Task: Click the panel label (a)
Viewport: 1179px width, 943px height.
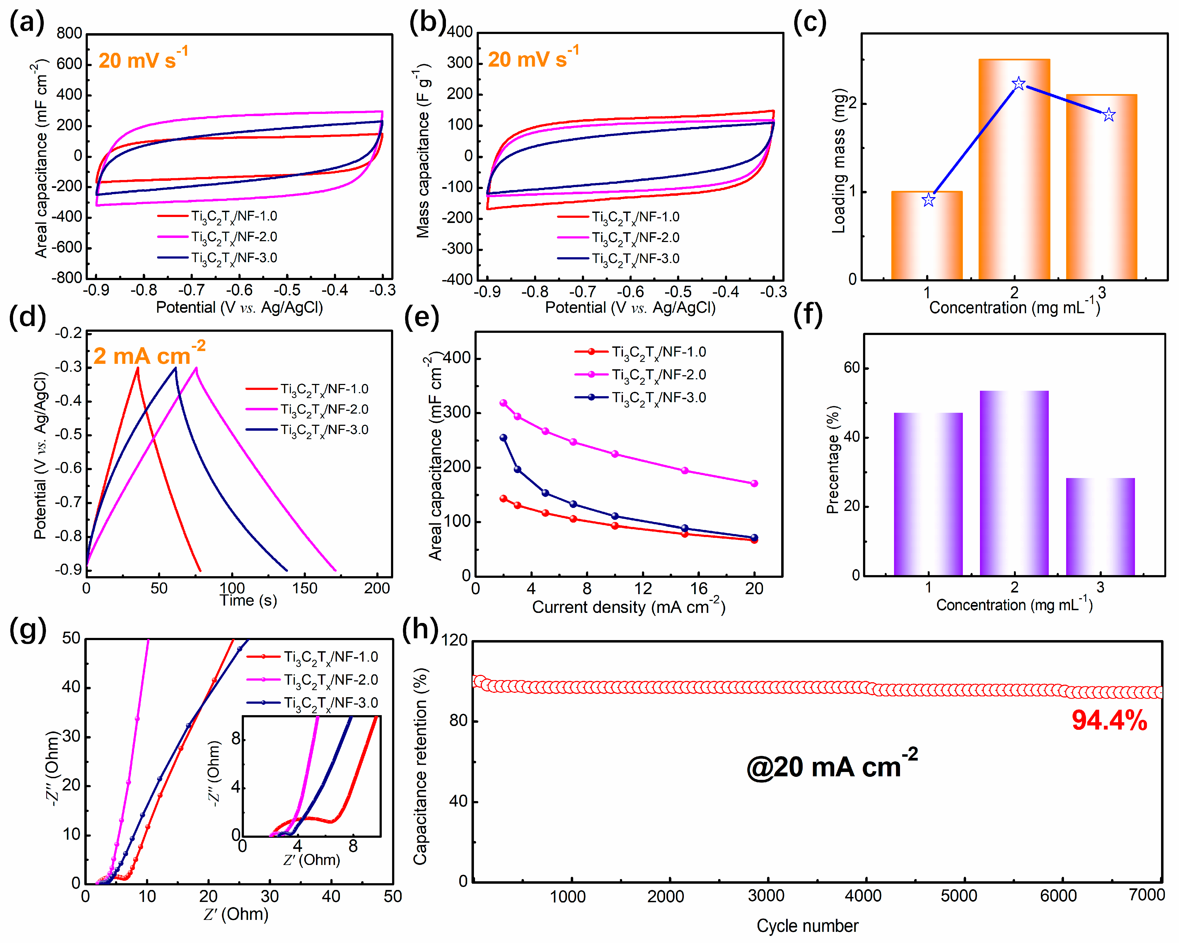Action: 26,23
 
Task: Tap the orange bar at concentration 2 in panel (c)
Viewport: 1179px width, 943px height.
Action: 1014,170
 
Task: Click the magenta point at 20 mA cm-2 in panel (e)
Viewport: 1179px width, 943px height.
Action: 754,483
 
